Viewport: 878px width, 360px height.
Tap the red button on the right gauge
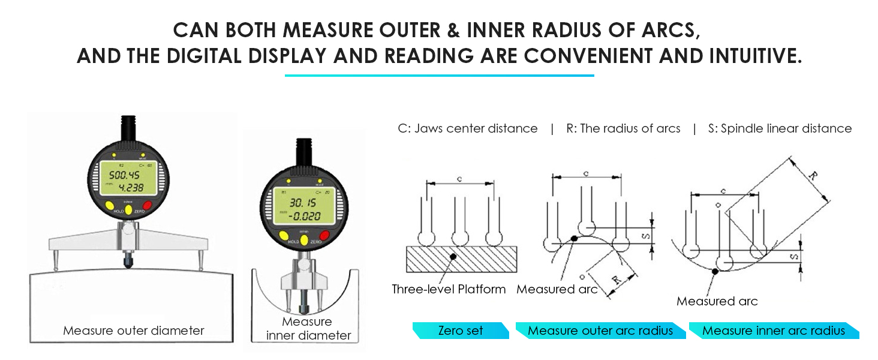click(324, 235)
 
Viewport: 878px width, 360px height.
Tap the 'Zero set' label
click(461, 331)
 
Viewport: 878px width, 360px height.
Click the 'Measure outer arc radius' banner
click(600, 331)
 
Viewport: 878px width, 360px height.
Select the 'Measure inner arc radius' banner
click(773, 331)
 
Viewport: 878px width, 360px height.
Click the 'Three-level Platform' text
click(449, 289)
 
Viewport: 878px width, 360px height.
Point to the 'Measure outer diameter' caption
click(134, 331)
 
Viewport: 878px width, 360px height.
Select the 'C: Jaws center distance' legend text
click(468, 128)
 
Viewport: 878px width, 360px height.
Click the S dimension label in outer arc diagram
click(645, 236)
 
